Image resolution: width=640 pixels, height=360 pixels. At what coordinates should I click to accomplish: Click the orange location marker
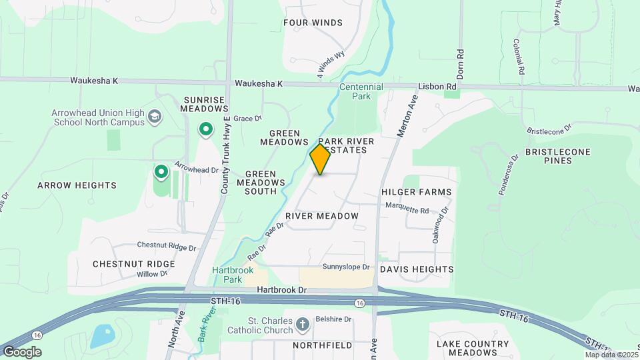320,159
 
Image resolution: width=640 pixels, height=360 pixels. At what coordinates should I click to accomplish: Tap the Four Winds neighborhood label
313,23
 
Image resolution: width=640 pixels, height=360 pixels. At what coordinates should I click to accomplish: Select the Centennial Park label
361,92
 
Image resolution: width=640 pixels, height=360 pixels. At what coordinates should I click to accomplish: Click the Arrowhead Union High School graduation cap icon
155,117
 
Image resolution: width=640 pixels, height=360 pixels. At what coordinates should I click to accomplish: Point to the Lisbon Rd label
437,87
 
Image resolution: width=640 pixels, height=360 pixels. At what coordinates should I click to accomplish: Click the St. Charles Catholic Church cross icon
303,325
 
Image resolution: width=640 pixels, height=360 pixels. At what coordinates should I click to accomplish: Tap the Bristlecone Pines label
557,157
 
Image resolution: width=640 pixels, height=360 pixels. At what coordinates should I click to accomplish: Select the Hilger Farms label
416,192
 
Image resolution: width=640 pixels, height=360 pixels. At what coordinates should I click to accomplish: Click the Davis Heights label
417,269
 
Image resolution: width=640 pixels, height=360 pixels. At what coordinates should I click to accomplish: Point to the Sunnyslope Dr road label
346,267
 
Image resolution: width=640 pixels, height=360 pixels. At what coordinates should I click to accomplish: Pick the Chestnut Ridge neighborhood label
133,264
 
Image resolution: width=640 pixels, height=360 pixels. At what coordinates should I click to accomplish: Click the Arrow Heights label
77,185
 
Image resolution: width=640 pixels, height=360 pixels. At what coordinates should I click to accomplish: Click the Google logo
21,351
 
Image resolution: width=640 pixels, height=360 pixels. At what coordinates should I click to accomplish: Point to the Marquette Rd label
411,209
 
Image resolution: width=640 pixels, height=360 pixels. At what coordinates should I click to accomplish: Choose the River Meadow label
321,216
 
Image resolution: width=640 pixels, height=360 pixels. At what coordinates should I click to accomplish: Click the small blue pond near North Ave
101,337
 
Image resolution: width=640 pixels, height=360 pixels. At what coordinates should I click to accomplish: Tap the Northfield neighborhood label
322,345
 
